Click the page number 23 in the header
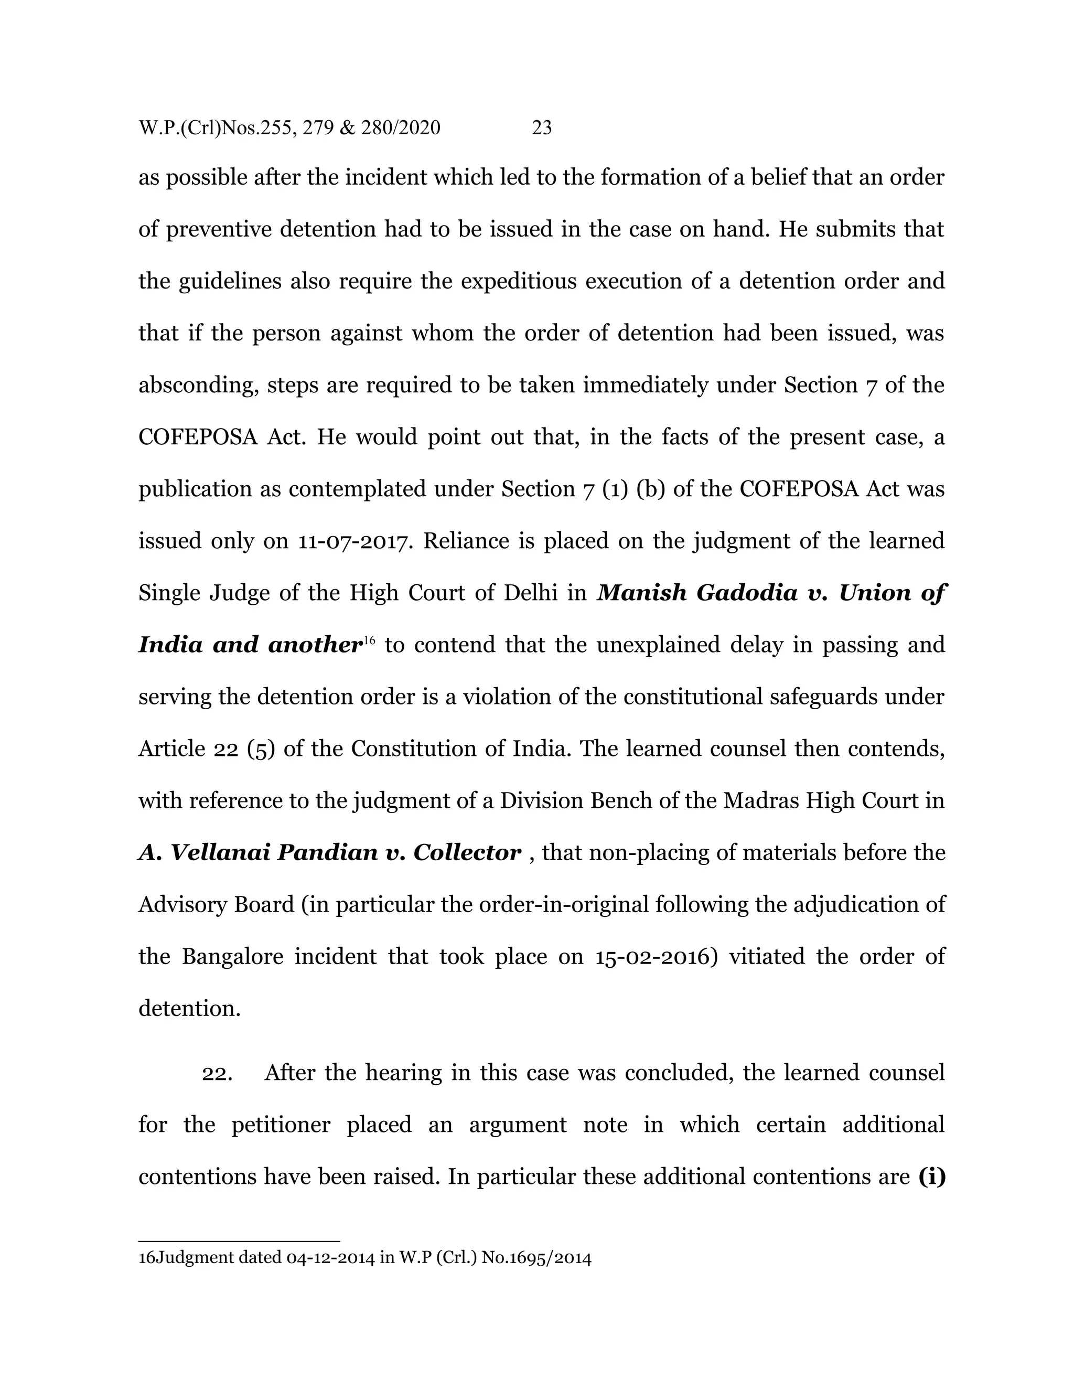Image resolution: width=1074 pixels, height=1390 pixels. click(x=541, y=128)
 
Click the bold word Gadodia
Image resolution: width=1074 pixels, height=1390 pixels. click(x=747, y=593)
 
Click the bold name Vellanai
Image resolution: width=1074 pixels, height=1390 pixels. click(x=221, y=852)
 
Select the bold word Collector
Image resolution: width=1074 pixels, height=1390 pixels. click(x=467, y=852)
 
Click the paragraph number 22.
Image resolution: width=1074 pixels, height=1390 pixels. click(x=217, y=1073)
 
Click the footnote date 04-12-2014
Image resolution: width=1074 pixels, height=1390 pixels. click(x=330, y=1258)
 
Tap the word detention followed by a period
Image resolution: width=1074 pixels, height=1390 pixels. click(x=189, y=1009)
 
